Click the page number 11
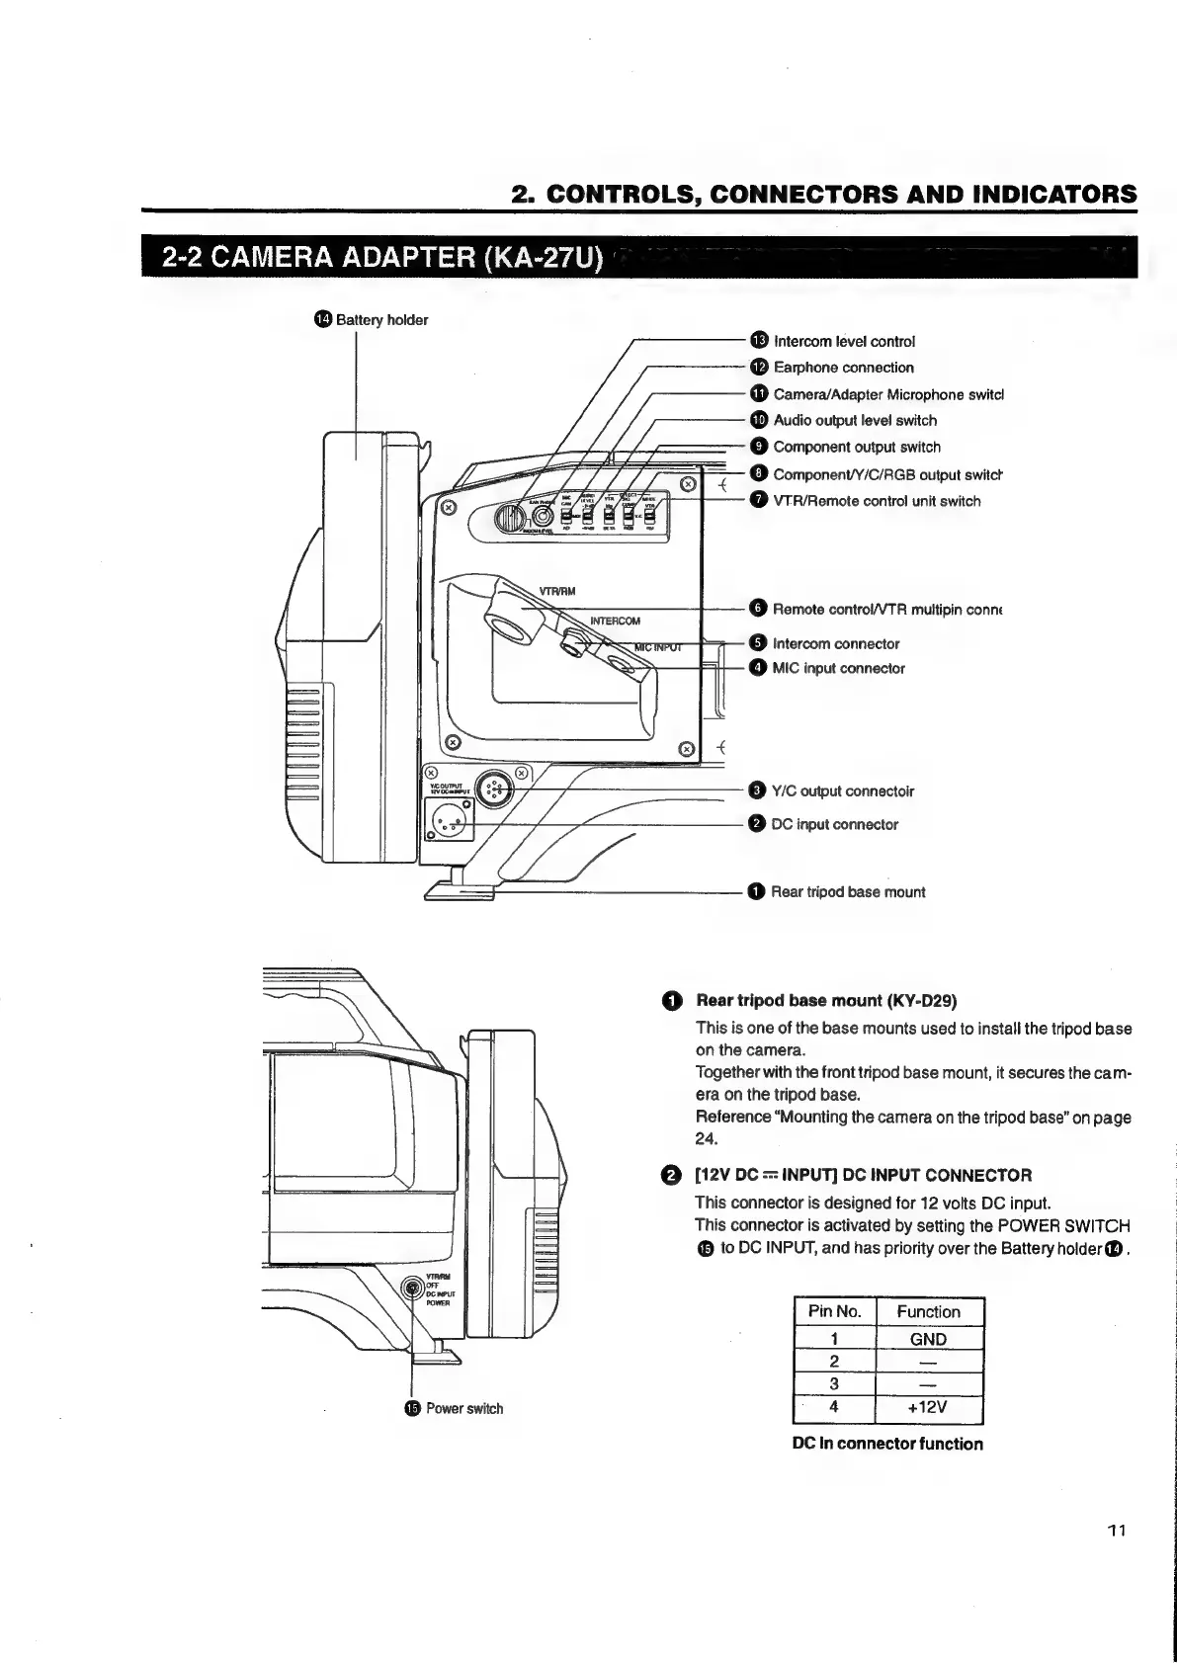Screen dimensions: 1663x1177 coord(1116,1532)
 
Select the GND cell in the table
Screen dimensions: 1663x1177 coord(928,1339)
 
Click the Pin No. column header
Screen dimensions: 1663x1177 coord(835,1311)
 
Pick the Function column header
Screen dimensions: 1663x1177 coord(928,1311)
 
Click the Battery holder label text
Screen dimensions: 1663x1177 coord(381,319)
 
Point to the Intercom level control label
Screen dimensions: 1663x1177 coord(843,341)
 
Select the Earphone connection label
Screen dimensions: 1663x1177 coord(843,368)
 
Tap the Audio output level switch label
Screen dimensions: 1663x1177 coord(855,420)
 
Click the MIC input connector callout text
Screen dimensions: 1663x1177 coord(838,668)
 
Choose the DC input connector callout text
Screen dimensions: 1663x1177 coord(834,824)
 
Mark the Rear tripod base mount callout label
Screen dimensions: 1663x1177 coord(848,891)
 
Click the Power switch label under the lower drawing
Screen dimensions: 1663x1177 coord(463,1408)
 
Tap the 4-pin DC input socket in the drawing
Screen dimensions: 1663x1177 coord(450,817)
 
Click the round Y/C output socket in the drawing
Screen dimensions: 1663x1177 coord(495,789)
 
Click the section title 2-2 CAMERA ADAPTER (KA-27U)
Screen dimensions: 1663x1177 coord(381,260)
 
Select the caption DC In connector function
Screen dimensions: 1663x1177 coord(887,1444)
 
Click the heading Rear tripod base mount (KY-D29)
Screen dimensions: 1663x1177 coord(826,1000)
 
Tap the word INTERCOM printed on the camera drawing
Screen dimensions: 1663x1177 coord(615,621)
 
